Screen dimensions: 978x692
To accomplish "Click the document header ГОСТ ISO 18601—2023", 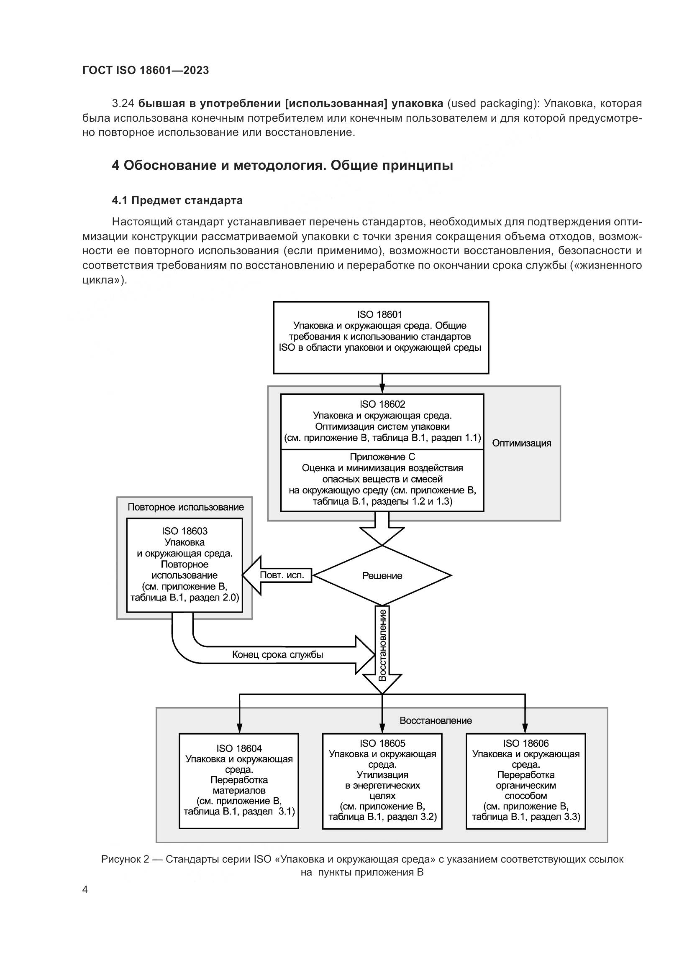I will pyautogui.click(x=145, y=71).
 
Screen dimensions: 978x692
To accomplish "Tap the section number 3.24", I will pyautogui.click(x=123, y=104).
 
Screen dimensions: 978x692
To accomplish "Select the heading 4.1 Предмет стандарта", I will pyautogui.click(x=177, y=201).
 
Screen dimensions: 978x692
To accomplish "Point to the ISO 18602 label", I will pyautogui.click(x=382, y=404).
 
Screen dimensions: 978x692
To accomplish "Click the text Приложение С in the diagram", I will pyautogui.click(x=382, y=457).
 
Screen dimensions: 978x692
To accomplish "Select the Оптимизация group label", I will pyautogui.click(x=522, y=443).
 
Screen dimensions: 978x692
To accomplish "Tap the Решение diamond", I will pyautogui.click(x=382, y=576).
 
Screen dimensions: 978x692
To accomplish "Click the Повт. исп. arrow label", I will pyautogui.click(x=282, y=575).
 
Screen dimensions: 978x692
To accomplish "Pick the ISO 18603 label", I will pyautogui.click(x=185, y=531).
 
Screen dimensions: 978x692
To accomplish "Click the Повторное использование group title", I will pyautogui.click(x=186, y=507).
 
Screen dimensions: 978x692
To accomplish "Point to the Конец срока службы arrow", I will pyautogui.click(x=277, y=655).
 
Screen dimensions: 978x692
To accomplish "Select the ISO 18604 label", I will pyautogui.click(x=239, y=748).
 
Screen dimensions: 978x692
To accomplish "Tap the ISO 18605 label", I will pyautogui.click(x=382, y=743).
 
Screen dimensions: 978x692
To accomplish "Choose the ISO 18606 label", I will pyautogui.click(x=526, y=743).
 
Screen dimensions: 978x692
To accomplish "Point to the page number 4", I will pyautogui.click(x=85, y=890).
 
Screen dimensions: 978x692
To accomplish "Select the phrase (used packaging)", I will pyautogui.click(x=491, y=104).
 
